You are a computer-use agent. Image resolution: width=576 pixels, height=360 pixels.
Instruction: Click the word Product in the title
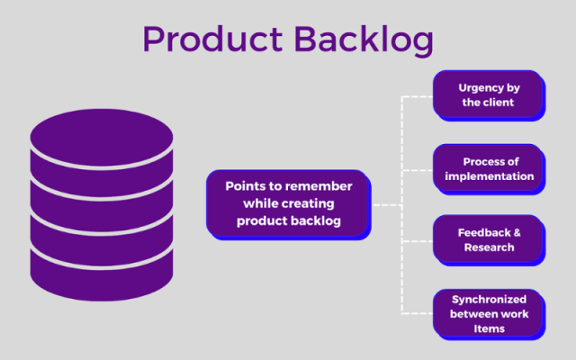[x=208, y=40]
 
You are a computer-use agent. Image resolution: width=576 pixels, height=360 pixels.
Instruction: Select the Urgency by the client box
[x=489, y=94]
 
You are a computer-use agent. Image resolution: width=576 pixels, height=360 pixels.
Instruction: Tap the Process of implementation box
[x=489, y=168]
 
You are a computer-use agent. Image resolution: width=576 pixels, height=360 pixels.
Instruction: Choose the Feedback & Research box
[x=489, y=239]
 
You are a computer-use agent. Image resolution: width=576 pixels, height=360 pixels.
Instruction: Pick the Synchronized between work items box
[x=489, y=312]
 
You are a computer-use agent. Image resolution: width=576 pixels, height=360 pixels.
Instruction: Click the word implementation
[x=489, y=176]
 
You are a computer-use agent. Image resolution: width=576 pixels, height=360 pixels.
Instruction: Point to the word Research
[x=490, y=247]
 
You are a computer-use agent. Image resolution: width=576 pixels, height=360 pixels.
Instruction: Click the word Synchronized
[x=489, y=297]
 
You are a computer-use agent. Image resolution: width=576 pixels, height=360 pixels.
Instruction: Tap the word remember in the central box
[x=314, y=186]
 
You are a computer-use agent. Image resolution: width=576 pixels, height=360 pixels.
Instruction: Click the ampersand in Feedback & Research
[x=517, y=232]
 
